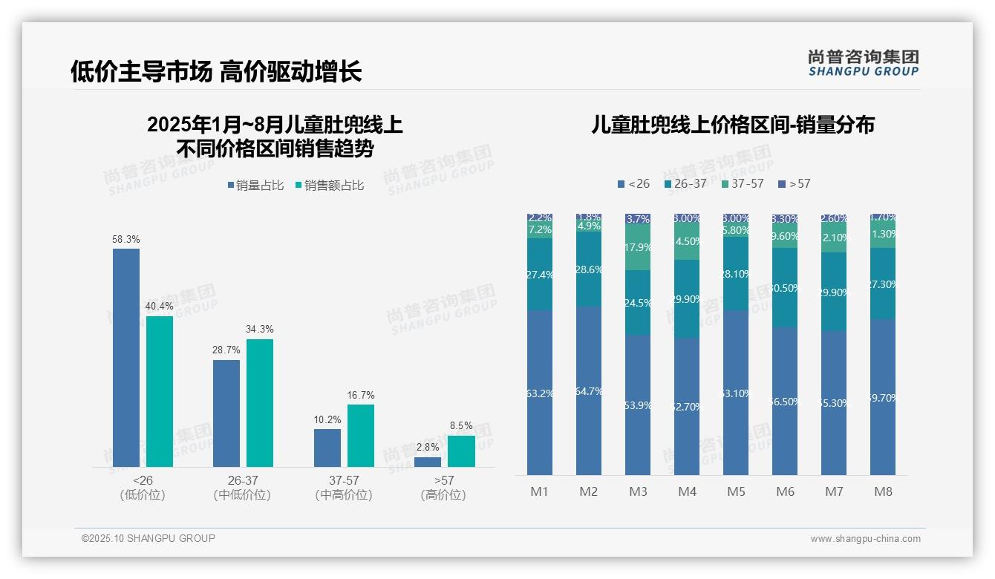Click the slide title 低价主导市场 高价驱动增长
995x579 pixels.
(x=216, y=71)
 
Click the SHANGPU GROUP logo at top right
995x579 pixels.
(x=863, y=63)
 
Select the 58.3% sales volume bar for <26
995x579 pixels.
(x=126, y=357)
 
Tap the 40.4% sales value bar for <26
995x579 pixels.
(x=160, y=391)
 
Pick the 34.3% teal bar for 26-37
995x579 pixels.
(x=260, y=402)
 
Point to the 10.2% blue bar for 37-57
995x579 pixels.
(x=327, y=448)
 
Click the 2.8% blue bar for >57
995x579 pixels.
(x=428, y=462)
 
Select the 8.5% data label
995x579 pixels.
(x=461, y=426)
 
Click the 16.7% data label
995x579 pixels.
(x=361, y=395)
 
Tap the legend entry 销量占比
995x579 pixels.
(x=255, y=186)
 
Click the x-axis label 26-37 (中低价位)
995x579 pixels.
(x=242, y=488)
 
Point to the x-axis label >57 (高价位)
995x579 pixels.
(x=443, y=488)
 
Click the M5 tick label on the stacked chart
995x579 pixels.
(x=736, y=491)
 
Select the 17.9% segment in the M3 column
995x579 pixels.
(x=638, y=248)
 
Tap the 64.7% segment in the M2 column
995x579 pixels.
(x=589, y=390)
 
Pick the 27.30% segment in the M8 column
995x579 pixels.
(x=883, y=284)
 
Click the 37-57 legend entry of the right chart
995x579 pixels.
(x=742, y=183)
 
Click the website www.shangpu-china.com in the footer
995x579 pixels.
(x=865, y=539)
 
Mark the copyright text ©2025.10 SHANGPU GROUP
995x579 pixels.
(x=149, y=538)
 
